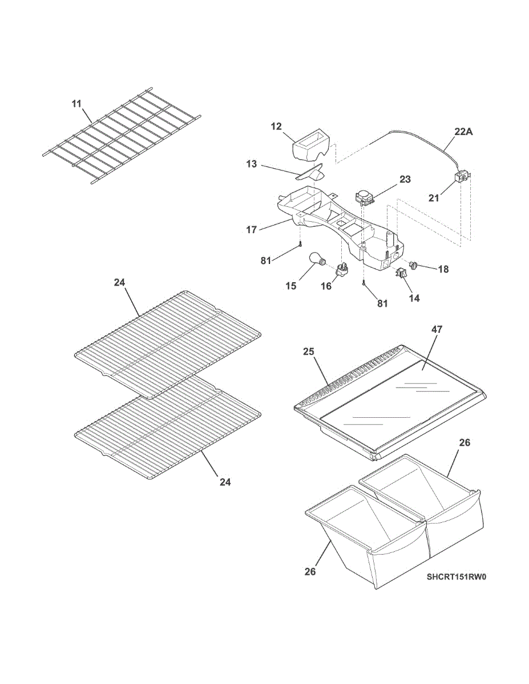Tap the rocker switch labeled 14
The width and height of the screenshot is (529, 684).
(x=401, y=272)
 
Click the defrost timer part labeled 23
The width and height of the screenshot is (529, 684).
(x=365, y=197)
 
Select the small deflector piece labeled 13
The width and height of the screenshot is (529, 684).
(x=310, y=173)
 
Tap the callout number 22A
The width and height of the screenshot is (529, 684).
(x=463, y=132)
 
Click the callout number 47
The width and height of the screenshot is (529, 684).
(x=437, y=329)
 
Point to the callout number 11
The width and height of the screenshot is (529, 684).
(x=76, y=104)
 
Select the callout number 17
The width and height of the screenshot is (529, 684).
(x=252, y=230)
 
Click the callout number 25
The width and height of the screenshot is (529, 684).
(x=309, y=351)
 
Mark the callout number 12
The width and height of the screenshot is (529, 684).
(x=276, y=127)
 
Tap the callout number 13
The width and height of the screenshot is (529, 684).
(x=252, y=164)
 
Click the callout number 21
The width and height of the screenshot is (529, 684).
(x=434, y=198)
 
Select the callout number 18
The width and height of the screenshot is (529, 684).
(x=443, y=270)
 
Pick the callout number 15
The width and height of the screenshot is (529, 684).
(x=291, y=286)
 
